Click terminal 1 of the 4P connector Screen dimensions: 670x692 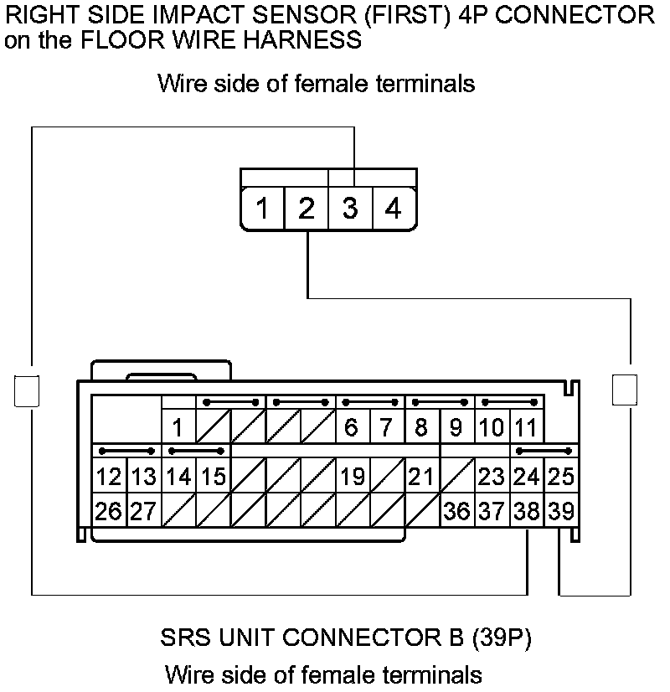point(262,209)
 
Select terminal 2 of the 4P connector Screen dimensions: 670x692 point(307,209)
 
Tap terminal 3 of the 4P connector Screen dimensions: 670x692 point(350,209)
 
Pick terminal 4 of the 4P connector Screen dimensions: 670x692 point(394,209)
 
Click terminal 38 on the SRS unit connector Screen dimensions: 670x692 point(527,510)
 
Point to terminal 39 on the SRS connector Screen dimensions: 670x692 point(561,510)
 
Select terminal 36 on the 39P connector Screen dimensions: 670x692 point(456,510)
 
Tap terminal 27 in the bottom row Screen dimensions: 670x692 point(143,510)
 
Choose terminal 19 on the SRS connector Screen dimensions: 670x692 point(353,477)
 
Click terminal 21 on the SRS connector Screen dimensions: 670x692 point(421,477)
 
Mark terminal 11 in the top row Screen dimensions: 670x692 point(526,427)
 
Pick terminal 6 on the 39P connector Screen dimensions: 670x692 point(352,427)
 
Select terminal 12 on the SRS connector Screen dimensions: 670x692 point(108,477)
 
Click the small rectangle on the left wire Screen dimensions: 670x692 point(28,390)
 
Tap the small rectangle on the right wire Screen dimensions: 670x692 point(624,390)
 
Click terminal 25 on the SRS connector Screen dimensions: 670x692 point(561,477)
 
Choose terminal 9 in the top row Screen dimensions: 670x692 point(456,427)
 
